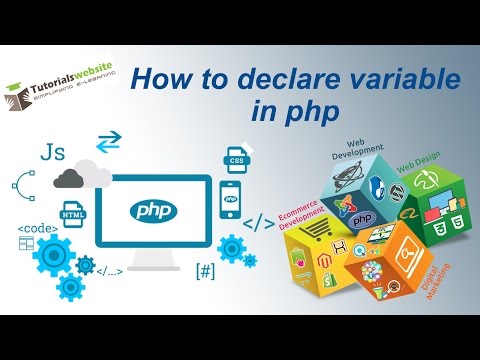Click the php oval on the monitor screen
155,210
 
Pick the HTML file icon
72,214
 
